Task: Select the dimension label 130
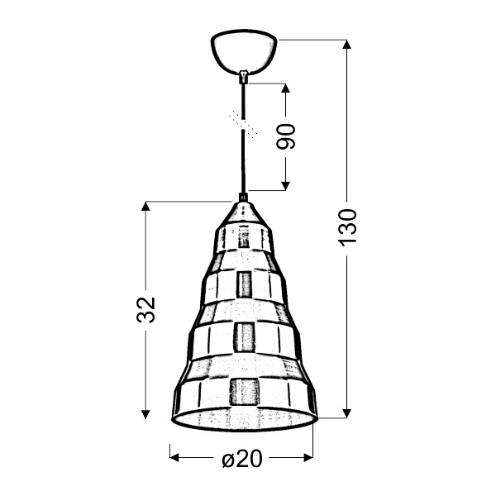click(x=347, y=226)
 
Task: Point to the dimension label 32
click(x=146, y=309)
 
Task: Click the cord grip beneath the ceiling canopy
click(x=244, y=76)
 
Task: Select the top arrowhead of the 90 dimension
click(x=286, y=88)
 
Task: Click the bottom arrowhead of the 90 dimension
click(x=286, y=185)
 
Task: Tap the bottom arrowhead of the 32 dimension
click(x=146, y=413)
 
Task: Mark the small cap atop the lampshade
click(x=243, y=198)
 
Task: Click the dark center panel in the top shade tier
click(x=243, y=237)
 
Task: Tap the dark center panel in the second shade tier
click(x=244, y=284)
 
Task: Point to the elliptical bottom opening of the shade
click(x=245, y=419)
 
